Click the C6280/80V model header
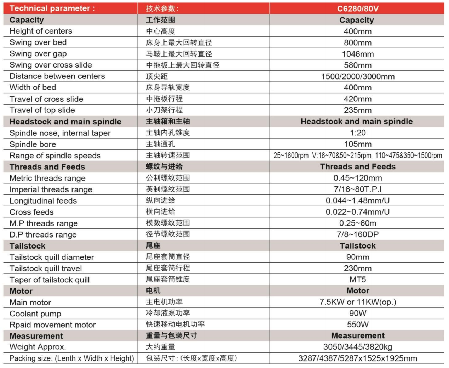click(357, 8)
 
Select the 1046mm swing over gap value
click(358, 54)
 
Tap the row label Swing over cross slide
click(51, 65)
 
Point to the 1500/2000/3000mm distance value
click(358, 77)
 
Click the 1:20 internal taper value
click(358, 133)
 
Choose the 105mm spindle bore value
click(358, 144)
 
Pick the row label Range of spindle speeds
click(55, 156)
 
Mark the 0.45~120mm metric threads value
click(358, 178)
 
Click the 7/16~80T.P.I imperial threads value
click(358, 189)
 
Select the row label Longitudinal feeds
click(43, 201)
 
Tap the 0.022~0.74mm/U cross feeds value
click(358, 212)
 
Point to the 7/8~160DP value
click(358, 235)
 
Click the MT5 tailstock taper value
click(358, 280)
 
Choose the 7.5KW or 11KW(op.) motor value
click(358, 302)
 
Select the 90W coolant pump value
click(358, 314)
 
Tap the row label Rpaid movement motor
click(52, 325)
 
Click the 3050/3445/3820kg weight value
click(358, 347)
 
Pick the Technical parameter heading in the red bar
click(52, 8)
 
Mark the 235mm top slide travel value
click(358, 110)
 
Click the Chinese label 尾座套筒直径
click(168, 257)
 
